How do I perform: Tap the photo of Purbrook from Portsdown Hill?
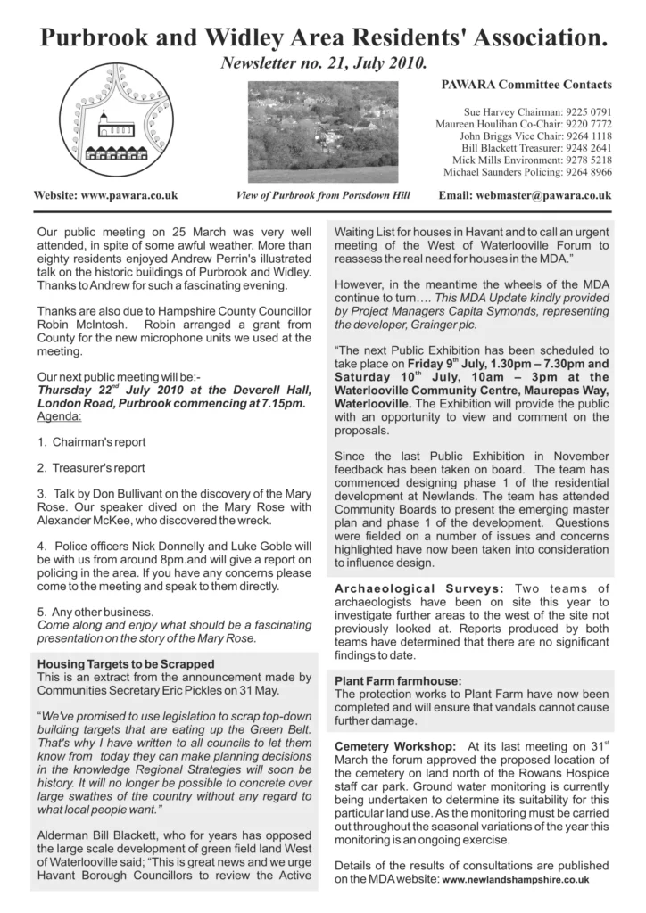click(322, 131)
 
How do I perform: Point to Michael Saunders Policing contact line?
click(527, 171)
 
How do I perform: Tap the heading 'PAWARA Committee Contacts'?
click(526, 85)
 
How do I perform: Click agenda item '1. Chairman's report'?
click(92, 442)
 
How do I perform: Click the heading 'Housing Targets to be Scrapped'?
click(126, 664)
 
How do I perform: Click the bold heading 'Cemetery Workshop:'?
click(395, 745)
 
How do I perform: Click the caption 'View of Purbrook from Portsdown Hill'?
click(322, 195)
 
